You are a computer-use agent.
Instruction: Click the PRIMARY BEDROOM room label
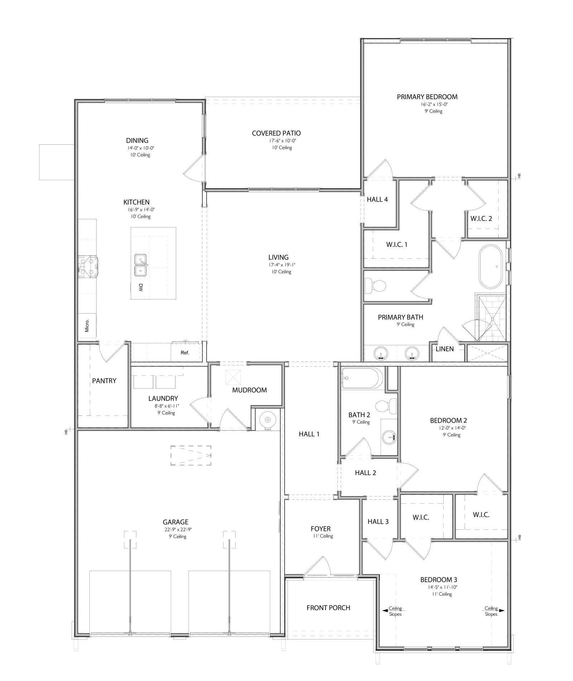[427, 97]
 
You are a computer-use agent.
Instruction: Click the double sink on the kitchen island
[141, 265]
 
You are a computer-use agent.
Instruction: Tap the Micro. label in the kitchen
[87, 326]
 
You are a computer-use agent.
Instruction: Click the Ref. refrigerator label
[185, 353]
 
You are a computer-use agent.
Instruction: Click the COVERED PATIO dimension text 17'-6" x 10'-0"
[276, 141]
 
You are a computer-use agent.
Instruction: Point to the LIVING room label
[278, 257]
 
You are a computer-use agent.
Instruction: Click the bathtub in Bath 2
[362, 378]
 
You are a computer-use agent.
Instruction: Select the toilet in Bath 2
[386, 406]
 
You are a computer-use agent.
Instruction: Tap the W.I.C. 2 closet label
[481, 219]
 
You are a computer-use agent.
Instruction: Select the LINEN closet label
[445, 349]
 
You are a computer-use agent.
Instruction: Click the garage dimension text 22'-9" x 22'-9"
[175, 529]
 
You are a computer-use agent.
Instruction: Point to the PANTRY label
[104, 381]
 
